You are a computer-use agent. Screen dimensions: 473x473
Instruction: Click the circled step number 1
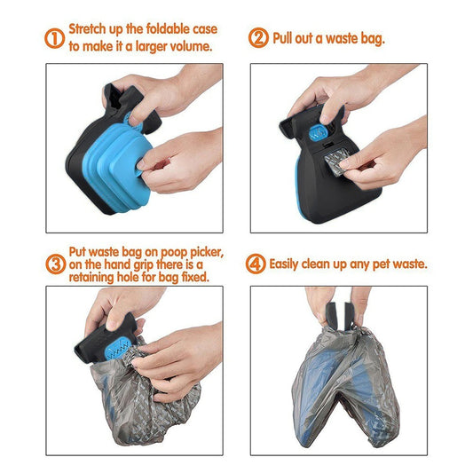54,39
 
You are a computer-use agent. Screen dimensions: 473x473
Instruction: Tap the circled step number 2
258,39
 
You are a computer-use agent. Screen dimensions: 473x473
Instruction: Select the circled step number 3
54,264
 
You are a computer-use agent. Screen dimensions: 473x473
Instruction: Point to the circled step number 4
258,263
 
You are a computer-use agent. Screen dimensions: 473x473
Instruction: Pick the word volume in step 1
189,46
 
